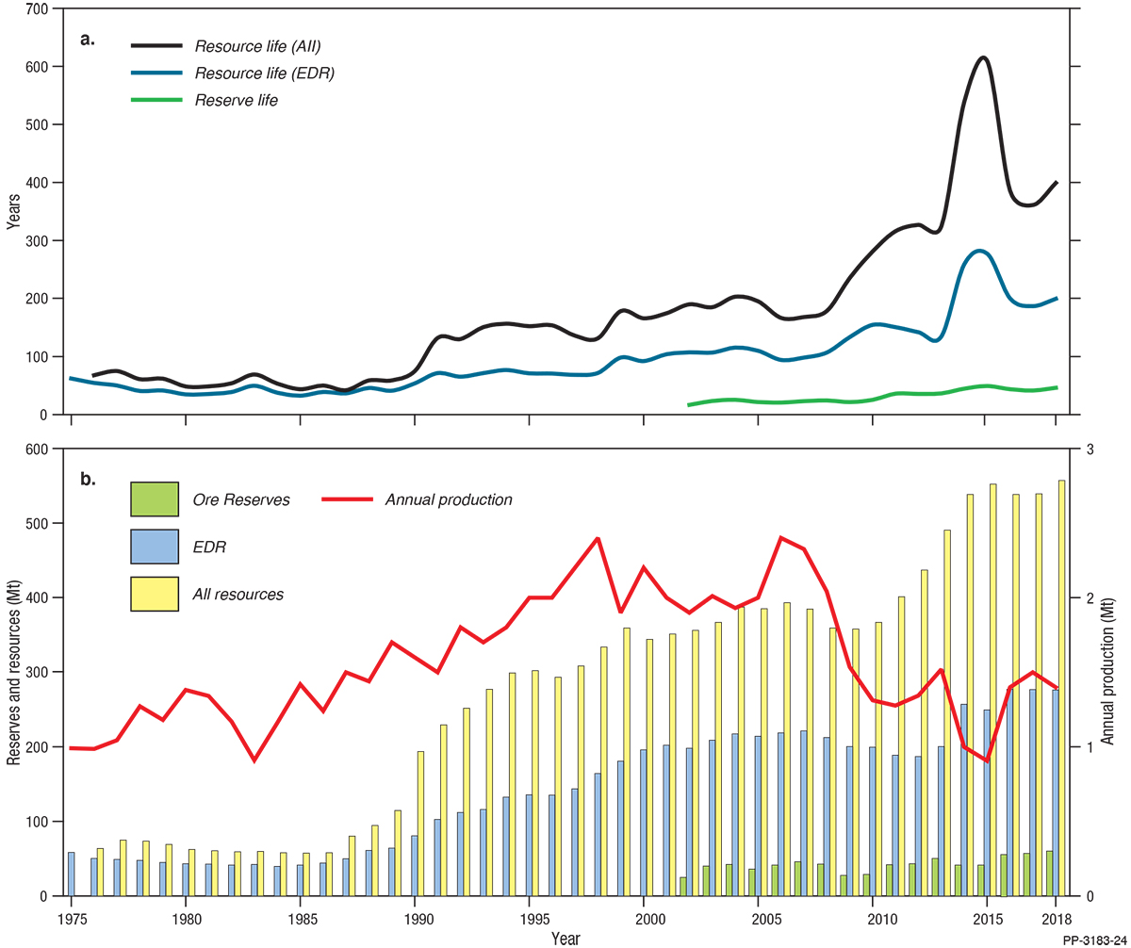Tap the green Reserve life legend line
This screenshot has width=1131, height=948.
coord(161,100)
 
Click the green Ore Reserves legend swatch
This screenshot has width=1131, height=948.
coord(154,499)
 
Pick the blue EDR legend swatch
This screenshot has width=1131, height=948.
coord(154,547)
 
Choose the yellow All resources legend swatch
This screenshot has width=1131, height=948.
coord(154,594)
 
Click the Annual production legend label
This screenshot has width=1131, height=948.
coord(448,499)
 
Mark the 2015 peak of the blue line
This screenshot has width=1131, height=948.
coord(982,251)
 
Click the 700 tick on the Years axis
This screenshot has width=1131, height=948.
coord(39,8)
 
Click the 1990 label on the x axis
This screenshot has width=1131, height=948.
coord(416,918)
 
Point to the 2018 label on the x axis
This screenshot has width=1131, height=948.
coord(1055,918)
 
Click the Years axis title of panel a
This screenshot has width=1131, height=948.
coord(12,211)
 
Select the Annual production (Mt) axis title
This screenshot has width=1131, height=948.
coord(1108,672)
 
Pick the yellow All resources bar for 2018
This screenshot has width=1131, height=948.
coord(1061,688)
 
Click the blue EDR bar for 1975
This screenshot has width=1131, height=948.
coord(71,874)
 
